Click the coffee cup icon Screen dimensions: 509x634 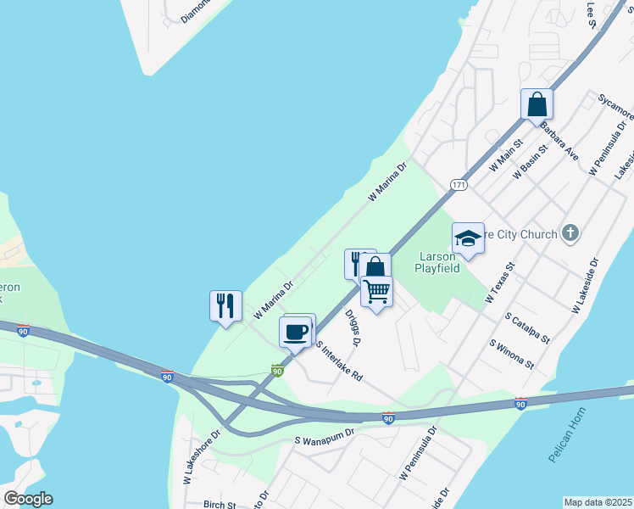pyautogui.click(x=295, y=331)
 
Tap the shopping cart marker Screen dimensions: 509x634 pyautogui.click(x=376, y=291)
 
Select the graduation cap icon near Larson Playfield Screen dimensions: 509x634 pyautogui.click(x=467, y=238)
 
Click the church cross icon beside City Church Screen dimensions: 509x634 pyautogui.click(x=570, y=232)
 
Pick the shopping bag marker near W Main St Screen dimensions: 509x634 pyautogui.click(x=537, y=105)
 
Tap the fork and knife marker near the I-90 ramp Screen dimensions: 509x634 pyautogui.click(x=225, y=305)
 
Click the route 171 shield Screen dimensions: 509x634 pyautogui.click(x=459, y=184)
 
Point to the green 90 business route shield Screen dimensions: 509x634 pyautogui.click(x=277, y=370)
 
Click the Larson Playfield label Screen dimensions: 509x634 pyautogui.click(x=437, y=262)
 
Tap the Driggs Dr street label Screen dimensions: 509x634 pyautogui.click(x=353, y=327)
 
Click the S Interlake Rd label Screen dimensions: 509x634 pyautogui.click(x=339, y=360)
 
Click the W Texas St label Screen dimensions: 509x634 pyautogui.click(x=501, y=283)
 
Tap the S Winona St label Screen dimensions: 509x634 pyautogui.click(x=512, y=354)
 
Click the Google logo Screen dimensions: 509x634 pyautogui.click(x=28, y=499)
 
